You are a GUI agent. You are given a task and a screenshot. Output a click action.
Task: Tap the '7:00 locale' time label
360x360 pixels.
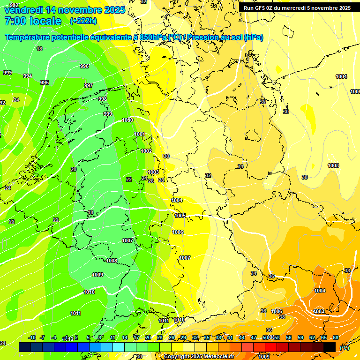(32, 21)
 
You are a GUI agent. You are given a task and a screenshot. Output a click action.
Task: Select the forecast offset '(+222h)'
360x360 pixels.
(83, 21)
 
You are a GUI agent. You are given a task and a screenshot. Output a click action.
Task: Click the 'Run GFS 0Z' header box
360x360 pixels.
(297, 8)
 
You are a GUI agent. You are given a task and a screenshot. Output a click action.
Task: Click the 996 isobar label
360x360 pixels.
(84, 67)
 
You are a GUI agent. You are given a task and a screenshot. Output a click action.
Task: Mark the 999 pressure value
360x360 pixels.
(108, 114)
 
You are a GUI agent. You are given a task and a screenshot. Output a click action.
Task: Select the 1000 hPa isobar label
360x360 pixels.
(127, 120)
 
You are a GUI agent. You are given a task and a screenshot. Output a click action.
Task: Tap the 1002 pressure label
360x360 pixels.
(146, 151)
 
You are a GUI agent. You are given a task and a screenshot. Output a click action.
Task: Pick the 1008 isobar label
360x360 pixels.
(112, 261)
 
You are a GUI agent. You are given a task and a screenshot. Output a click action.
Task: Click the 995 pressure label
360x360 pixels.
(45, 82)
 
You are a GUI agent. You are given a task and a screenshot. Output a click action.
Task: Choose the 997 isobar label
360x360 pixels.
(88, 85)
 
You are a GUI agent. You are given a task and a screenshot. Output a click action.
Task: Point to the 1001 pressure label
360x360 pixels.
(140, 135)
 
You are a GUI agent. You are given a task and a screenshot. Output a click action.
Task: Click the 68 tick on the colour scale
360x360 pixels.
(336, 337)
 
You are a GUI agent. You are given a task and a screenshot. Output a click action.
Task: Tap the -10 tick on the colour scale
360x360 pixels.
(32, 337)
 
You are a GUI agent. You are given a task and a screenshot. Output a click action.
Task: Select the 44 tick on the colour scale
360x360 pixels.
(242, 337)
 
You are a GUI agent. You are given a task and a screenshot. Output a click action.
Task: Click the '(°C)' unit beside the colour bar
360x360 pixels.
(344, 348)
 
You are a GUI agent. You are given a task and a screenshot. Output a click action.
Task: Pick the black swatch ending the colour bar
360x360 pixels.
(330, 347)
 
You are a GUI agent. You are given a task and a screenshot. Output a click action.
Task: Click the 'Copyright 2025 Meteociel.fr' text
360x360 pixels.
(199, 356)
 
